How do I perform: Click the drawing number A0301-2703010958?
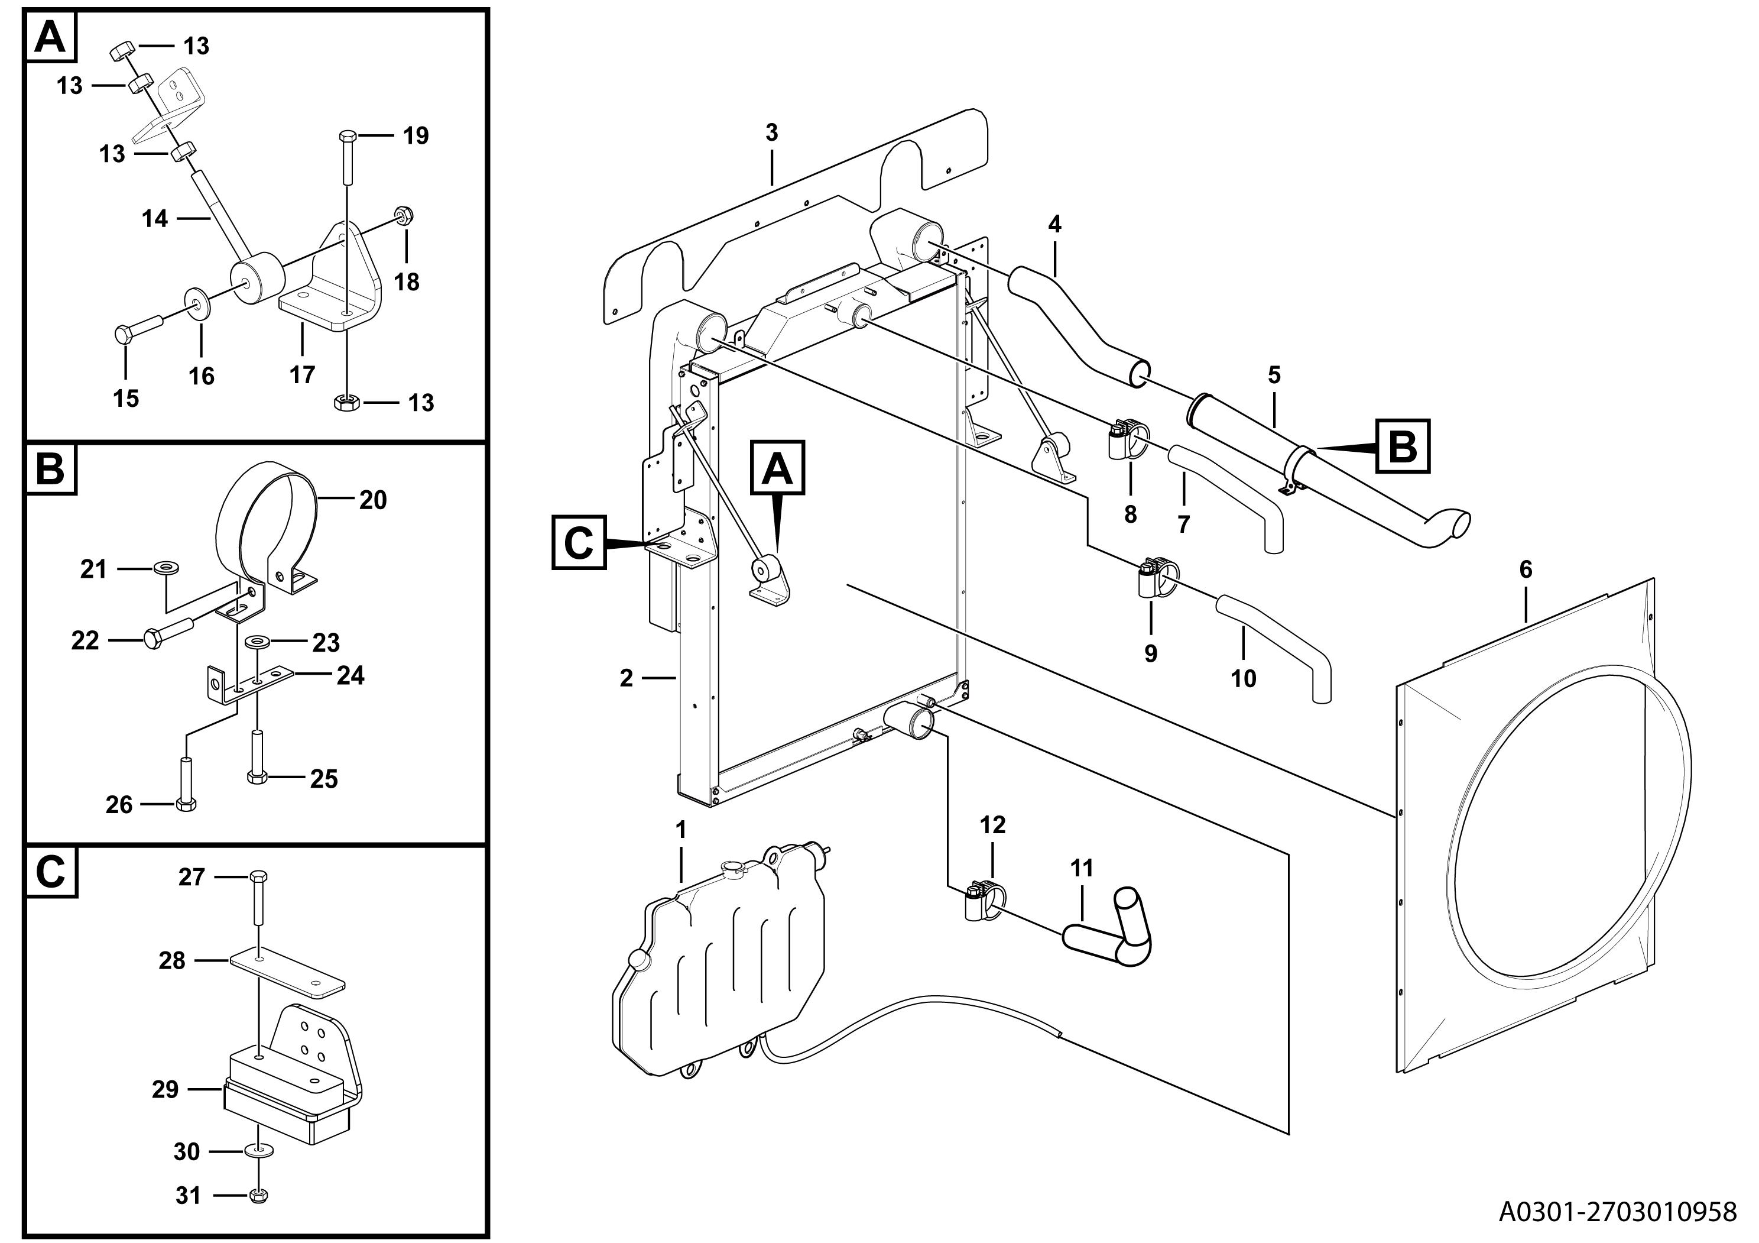point(1617,1212)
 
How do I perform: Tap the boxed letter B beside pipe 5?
point(1402,445)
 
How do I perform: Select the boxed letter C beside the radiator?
point(579,543)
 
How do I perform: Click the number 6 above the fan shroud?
point(1526,569)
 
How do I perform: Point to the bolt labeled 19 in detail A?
point(346,158)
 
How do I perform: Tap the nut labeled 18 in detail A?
point(403,215)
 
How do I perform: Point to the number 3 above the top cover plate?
point(771,132)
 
